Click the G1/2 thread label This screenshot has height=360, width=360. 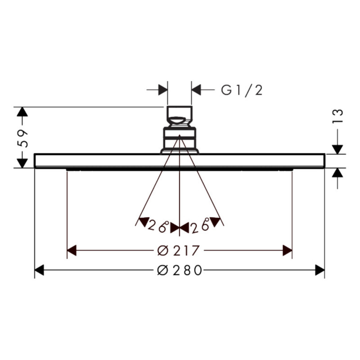click(242, 90)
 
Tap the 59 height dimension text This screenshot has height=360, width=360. click(22, 139)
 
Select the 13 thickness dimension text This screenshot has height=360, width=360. click(338, 116)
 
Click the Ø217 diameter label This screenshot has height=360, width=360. click(178, 250)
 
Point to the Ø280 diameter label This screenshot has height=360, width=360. click(180, 270)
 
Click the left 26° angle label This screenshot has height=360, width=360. click(158, 226)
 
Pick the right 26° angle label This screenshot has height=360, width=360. click(200, 226)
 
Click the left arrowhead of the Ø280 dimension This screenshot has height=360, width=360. click(39, 270)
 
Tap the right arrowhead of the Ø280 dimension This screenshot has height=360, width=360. click(320, 270)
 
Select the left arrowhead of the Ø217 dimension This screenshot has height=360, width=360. click(72, 250)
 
